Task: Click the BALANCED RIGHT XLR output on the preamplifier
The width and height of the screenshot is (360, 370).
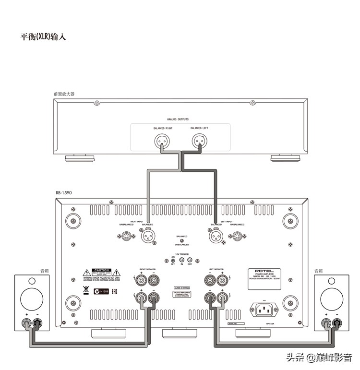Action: [162, 141]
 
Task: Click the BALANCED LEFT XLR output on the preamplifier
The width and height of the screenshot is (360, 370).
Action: [199, 141]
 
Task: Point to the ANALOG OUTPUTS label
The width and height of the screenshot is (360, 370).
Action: [178, 119]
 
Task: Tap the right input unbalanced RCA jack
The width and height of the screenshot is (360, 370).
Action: [127, 236]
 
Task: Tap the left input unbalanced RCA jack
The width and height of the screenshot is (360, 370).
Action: [237, 236]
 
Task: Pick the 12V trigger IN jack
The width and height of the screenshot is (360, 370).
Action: [182, 260]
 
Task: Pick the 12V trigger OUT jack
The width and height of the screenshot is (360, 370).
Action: [190, 260]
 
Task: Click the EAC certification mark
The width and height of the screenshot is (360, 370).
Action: [115, 291]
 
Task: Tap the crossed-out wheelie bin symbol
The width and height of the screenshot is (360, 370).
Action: [86, 290]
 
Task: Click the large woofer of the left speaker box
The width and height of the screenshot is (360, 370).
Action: [32, 297]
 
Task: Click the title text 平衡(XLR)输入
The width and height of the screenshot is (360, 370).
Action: [44, 37]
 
